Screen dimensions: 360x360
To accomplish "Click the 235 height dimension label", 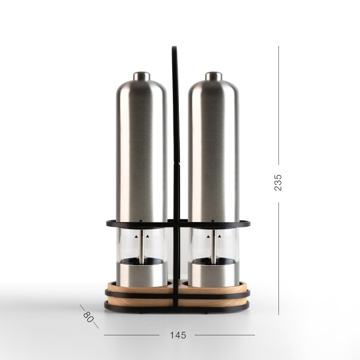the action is [278, 182].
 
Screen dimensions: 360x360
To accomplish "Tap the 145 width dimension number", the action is [178, 335].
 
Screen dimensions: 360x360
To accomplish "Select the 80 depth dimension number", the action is [88, 317].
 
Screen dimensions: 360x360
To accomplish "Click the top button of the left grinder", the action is [142, 76].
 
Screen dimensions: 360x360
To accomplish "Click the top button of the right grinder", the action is [214, 76].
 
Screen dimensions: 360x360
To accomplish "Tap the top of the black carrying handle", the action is [174, 48].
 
